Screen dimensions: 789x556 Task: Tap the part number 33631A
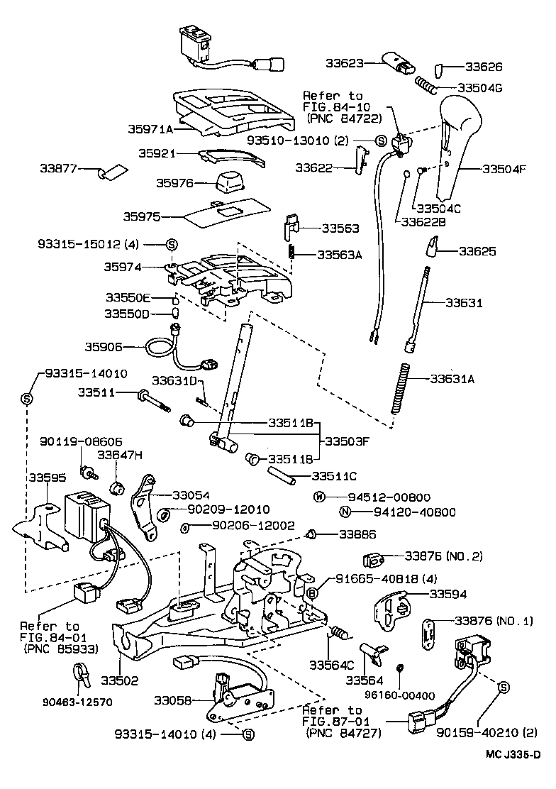[x=452, y=378]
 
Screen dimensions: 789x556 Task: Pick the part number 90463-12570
[x=78, y=702]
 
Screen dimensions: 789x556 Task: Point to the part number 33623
[x=345, y=63]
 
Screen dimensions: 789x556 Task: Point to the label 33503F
[x=348, y=441]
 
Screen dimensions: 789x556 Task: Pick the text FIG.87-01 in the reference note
[x=332, y=722]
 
